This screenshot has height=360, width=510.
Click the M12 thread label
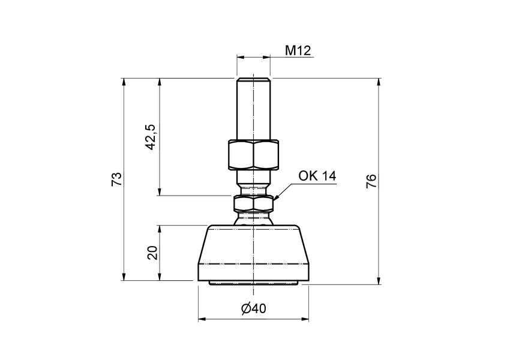tap(297, 50)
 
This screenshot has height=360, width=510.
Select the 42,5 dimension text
tap(151, 137)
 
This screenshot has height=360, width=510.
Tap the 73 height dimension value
tap(117, 179)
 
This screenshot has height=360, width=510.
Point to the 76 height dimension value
tap(371, 181)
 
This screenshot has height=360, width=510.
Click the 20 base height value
tap(152, 253)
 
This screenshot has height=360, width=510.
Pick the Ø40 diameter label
tap(253, 308)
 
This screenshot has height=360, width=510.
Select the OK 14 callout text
tap(317, 176)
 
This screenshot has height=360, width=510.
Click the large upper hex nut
tap(253, 155)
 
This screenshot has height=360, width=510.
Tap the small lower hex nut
tap(253, 204)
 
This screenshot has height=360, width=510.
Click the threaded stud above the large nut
tap(253, 111)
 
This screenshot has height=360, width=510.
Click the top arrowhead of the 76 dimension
tap(379, 82)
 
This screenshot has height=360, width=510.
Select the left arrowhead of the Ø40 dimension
tap(202, 319)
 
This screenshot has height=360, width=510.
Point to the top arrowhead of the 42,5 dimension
tap(160, 82)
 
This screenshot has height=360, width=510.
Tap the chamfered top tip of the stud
tap(253, 80)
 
